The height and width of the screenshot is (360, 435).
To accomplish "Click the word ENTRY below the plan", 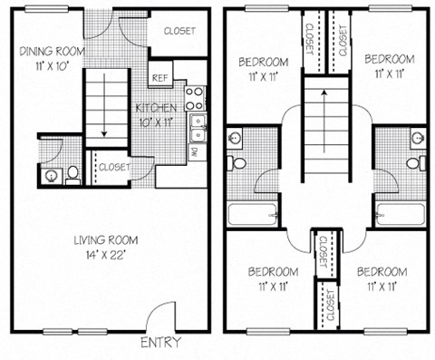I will [161, 343].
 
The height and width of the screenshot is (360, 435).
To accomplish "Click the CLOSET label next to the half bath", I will [113, 167].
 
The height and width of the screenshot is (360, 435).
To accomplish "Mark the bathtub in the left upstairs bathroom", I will [246, 215].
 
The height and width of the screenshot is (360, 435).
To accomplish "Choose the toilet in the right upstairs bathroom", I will [412, 163].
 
